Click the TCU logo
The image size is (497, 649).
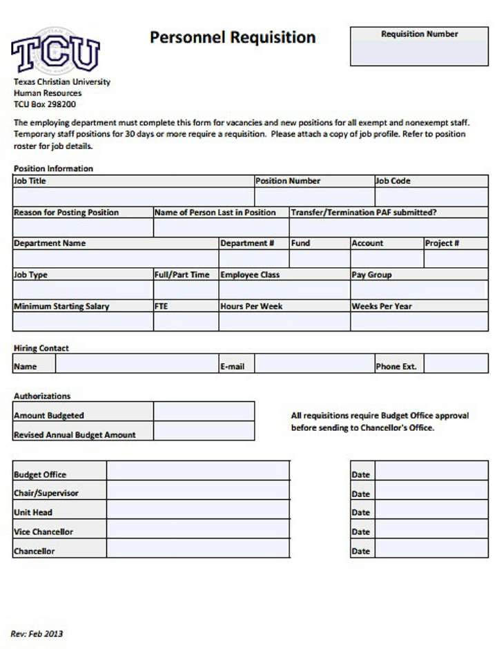point(55,52)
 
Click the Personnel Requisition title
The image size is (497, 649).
point(233,37)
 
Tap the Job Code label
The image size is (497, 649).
point(393,181)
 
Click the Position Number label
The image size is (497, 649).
point(288,181)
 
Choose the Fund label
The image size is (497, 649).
point(300,243)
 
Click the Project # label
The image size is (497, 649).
point(442,243)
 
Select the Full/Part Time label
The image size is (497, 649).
point(182,275)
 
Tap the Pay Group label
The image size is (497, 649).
point(371,275)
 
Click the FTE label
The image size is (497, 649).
point(161,307)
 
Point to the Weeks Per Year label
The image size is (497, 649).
point(382,307)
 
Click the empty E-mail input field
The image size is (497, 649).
point(314,364)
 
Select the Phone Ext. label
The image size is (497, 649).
point(396,367)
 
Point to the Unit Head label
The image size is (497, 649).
point(33,512)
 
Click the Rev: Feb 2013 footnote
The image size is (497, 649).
point(37,633)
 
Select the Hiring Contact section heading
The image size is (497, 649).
point(41,348)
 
